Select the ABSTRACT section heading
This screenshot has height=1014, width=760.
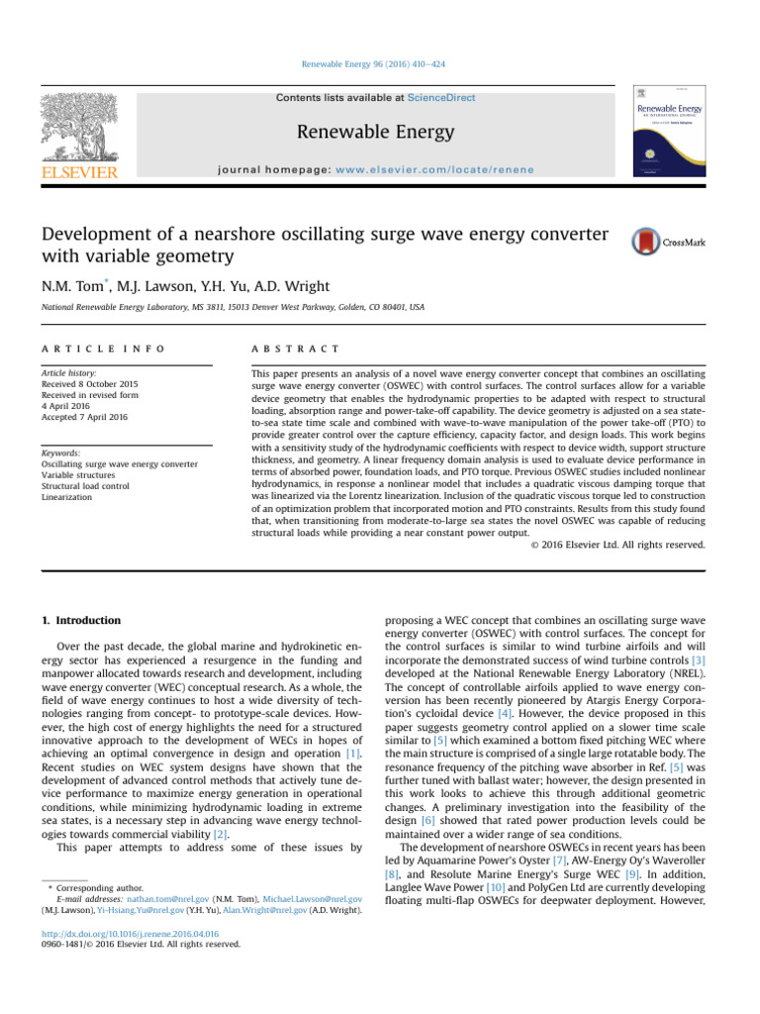point(297,350)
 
